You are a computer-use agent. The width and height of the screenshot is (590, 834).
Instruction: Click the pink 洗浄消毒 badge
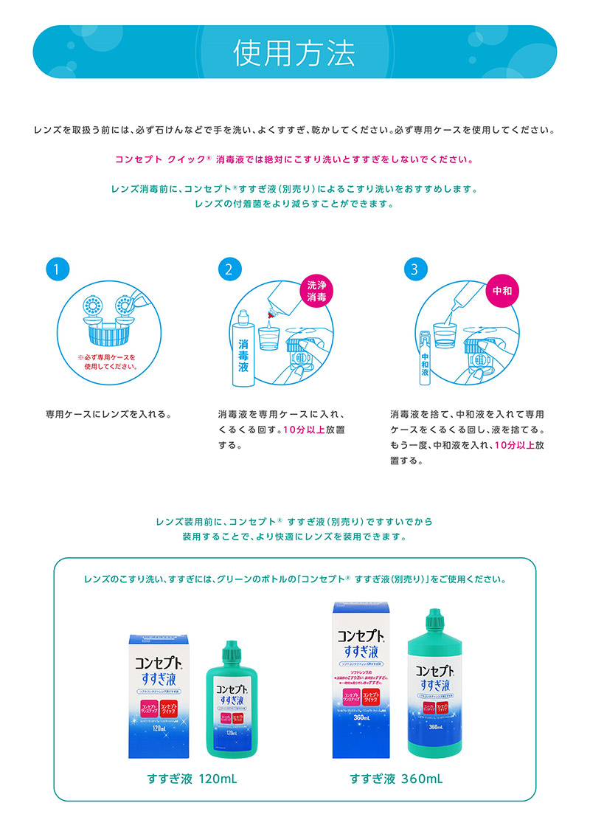(x=317, y=290)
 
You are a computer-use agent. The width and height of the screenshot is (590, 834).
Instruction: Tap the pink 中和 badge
(x=502, y=290)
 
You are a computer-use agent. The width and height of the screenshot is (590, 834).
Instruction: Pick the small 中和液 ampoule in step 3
(x=425, y=359)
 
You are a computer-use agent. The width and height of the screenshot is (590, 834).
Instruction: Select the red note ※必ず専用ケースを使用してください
(x=107, y=361)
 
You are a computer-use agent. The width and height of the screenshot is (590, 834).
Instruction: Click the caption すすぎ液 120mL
(x=192, y=779)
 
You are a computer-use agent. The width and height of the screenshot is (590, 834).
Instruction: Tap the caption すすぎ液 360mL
(x=396, y=779)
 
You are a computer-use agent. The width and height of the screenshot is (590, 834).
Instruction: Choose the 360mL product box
(x=362, y=679)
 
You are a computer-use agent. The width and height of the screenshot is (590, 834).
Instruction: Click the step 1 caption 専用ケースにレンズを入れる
(x=108, y=413)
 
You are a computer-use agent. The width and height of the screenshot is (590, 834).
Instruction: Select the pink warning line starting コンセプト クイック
(x=294, y=159)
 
